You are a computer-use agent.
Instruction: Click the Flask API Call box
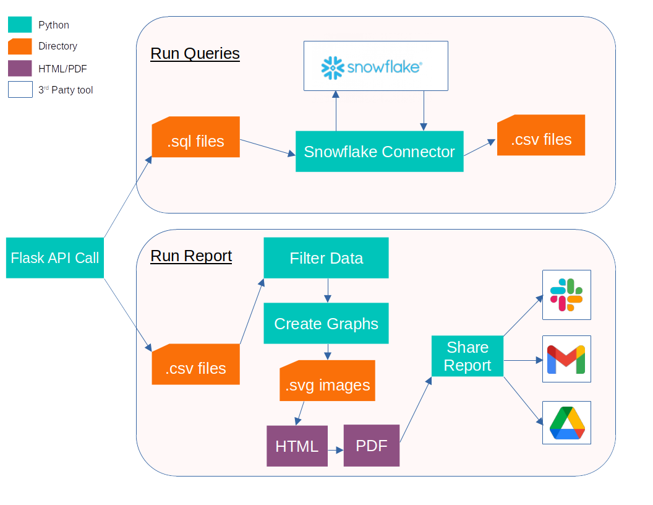pos(55,257)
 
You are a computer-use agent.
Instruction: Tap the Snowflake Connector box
pos(379,152)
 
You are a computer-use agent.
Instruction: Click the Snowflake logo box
pos(375,66)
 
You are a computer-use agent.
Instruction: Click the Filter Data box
pos(326,258)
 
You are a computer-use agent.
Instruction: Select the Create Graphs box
pos(326,323)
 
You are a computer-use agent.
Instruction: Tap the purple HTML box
pos(297,446)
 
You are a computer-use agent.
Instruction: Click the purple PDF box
pos(371,445)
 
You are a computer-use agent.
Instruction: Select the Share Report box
pos(467,356)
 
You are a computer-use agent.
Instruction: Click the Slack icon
pos(566,295)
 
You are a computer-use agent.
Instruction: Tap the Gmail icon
pos(566,359)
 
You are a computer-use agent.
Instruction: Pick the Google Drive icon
pos(566,423)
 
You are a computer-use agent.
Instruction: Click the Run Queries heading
pos(195,53)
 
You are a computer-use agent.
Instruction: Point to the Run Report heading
pos(191,256)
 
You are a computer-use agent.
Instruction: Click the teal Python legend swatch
pos(20,25)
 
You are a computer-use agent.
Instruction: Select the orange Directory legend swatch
pos(20,46)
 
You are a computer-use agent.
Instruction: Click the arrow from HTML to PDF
pos(335,451)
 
